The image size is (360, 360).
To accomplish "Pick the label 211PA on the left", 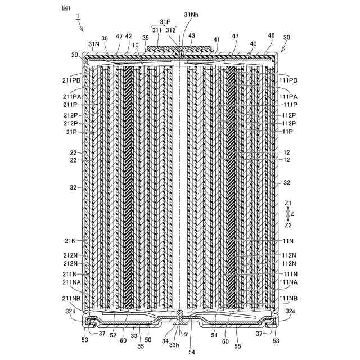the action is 73,96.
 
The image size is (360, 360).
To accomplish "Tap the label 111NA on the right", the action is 288,282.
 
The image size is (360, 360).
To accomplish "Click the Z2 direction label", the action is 288,224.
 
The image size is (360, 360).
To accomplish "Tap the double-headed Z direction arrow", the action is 286,213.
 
